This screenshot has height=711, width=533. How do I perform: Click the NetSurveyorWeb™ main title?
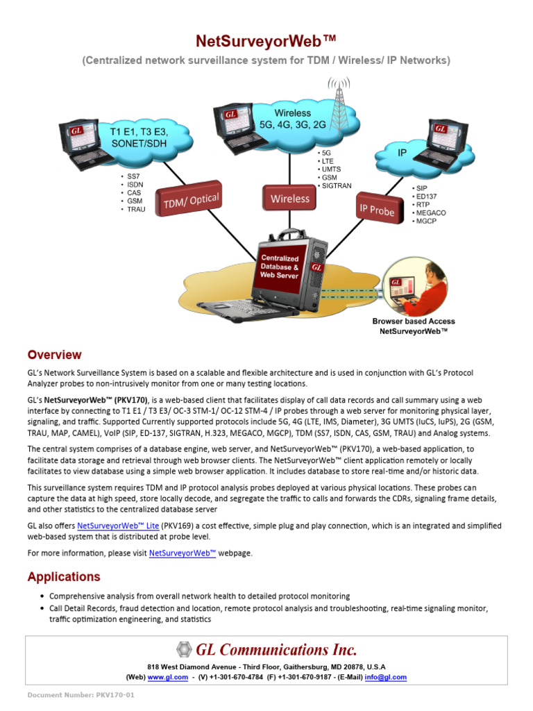click(x=266, y=43)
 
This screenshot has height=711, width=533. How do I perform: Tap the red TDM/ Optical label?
click(x=191, y=201)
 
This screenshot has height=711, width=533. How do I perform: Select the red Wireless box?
click(x=290, y=199)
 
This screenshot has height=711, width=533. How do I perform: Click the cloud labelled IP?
click(x=403, y=152)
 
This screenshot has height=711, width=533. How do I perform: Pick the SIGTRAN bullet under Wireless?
click(x=335, y=186)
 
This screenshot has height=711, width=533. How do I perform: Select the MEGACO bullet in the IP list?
click(x=430, y=213)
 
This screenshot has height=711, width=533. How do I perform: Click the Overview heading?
click(x=54, y=355)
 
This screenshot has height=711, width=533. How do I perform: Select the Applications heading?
click(x=64, y=576)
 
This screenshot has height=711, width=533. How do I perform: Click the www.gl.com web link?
click(x=167, y=677)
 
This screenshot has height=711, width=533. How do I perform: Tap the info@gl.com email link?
click(x=386, y=677)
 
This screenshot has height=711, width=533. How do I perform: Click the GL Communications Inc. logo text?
click(x=276, y=650)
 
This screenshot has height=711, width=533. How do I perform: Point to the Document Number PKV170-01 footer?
click(x=81, y=695)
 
